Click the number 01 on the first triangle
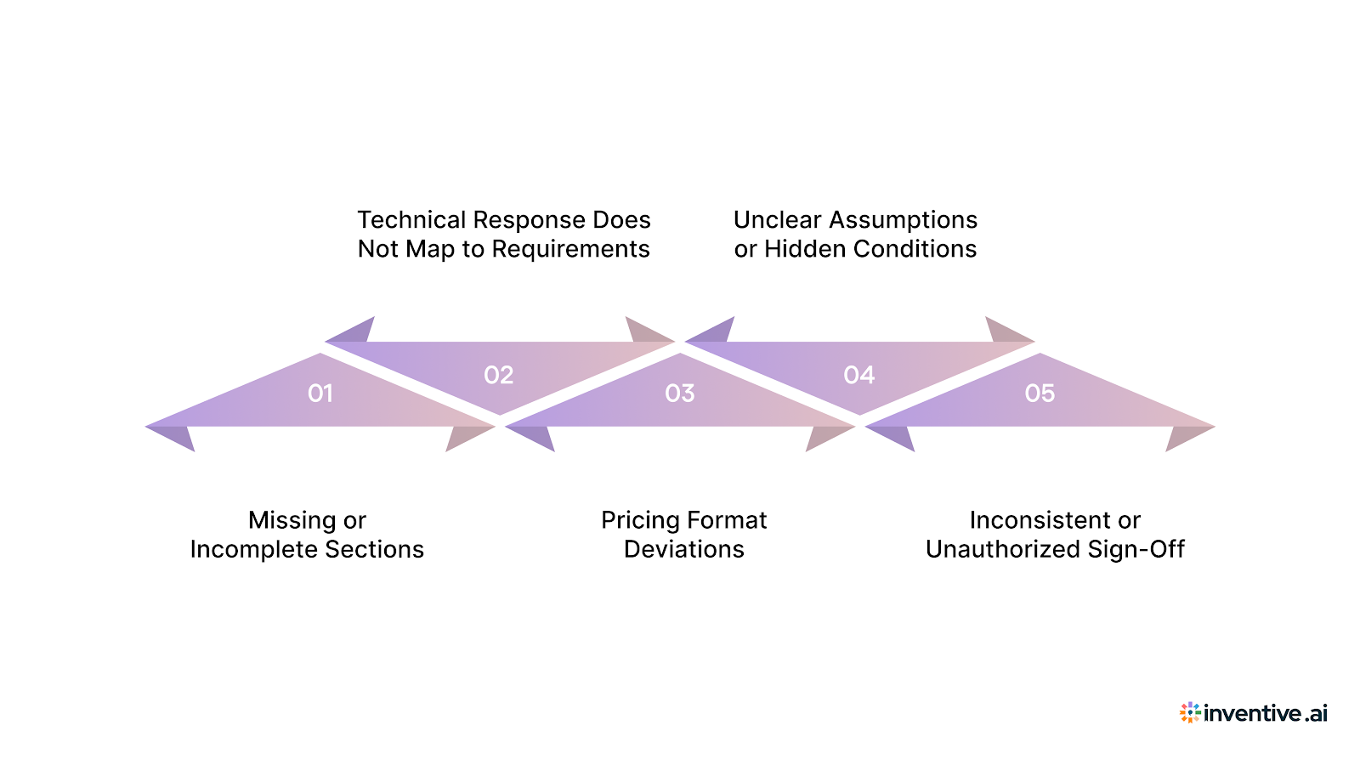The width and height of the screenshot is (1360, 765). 320,394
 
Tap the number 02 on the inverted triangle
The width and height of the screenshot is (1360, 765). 499,375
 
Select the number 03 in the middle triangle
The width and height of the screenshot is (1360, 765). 680,394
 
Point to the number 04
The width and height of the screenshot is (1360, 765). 859,375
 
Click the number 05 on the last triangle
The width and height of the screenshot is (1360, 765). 1040,394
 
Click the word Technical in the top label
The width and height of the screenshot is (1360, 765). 411,220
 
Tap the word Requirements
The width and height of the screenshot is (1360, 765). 570,249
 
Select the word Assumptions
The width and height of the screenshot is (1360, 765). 903,220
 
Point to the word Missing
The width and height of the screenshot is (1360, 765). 292,520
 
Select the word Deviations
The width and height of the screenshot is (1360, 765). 684,550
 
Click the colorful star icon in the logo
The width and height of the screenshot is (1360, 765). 1189,712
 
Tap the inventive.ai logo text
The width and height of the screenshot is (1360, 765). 1265,713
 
